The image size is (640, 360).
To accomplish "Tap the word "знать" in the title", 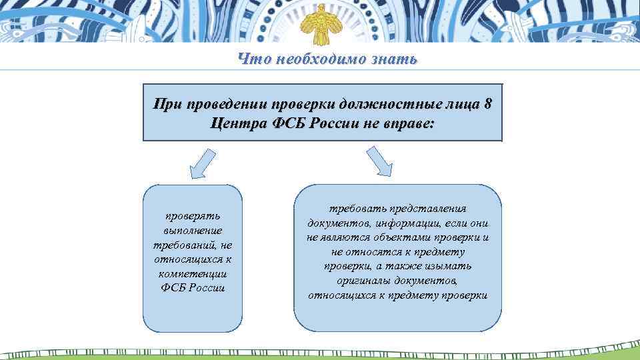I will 396,59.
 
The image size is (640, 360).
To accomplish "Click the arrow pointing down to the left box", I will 202,164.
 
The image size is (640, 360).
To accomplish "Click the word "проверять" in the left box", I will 193,216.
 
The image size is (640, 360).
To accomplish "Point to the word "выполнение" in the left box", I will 193,231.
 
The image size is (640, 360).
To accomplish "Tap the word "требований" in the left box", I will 183,245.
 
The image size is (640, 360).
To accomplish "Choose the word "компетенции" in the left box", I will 193,274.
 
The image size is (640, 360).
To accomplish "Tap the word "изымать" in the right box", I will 452,265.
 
